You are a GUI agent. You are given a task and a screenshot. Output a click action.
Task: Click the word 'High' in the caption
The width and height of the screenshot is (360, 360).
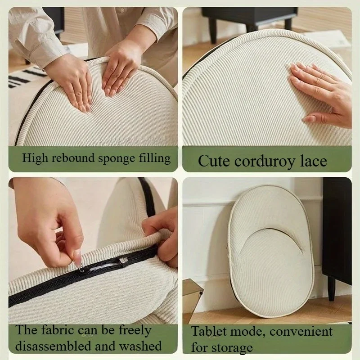(35, 158)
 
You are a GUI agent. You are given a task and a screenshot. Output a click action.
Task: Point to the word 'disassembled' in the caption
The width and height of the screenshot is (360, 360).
(53, 346)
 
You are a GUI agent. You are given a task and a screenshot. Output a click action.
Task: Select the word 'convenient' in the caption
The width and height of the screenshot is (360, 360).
(301, 332)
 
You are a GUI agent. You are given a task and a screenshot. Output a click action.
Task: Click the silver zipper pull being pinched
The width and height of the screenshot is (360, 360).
(81, 267)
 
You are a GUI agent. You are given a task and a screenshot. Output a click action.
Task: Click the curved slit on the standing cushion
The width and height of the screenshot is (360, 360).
(271, 239)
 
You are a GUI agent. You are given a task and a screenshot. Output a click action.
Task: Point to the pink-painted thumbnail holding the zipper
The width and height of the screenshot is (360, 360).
(77, 257)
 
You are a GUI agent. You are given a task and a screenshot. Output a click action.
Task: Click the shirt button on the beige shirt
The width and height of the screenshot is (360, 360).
(122, 10)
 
